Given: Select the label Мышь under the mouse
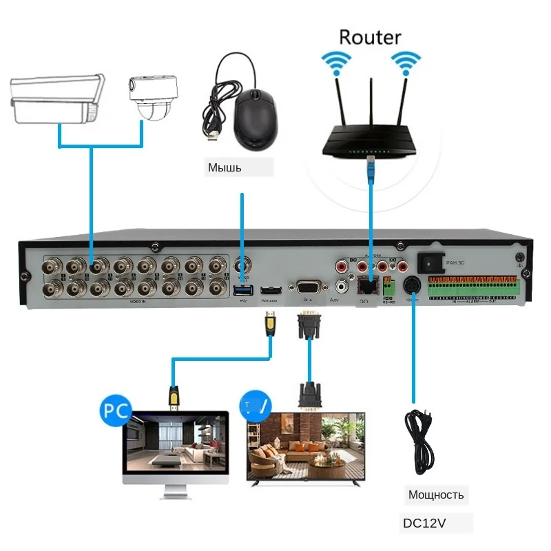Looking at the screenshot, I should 225,168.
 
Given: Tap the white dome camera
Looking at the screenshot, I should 152,98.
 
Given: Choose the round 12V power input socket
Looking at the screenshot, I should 413,285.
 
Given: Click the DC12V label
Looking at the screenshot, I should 425,523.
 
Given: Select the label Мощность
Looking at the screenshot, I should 436,495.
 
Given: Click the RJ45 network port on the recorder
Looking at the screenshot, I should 364,283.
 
